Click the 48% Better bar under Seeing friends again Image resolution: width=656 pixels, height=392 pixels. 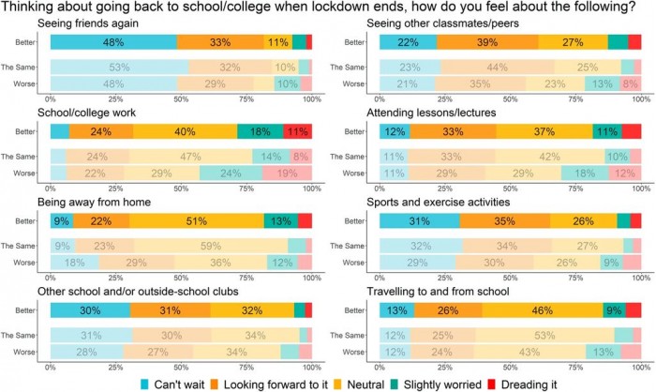(113, 42)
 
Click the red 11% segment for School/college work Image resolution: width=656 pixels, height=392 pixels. (296, 131)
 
